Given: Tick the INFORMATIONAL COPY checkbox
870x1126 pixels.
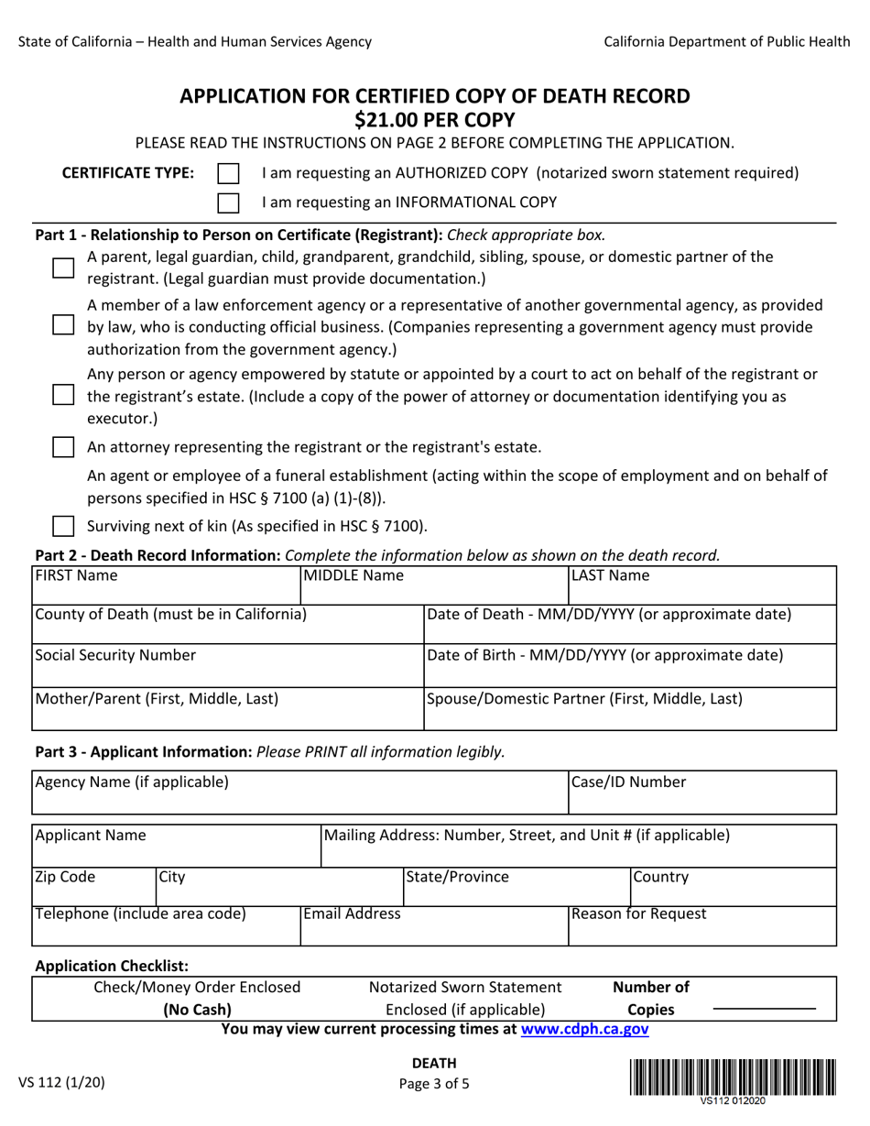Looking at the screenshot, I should [x=228, y=202].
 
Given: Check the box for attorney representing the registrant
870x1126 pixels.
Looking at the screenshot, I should [x=63, y=447].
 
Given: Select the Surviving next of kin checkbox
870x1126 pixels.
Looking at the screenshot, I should [x=63, y=526].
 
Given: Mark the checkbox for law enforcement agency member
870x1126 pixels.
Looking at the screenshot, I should [x=63, y=325].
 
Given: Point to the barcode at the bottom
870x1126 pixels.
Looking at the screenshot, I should [x=732, y=1077].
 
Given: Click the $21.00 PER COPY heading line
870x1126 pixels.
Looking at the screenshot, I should [x=435, y=119].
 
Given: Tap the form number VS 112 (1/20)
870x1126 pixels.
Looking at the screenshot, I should [x=61, y=1082].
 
